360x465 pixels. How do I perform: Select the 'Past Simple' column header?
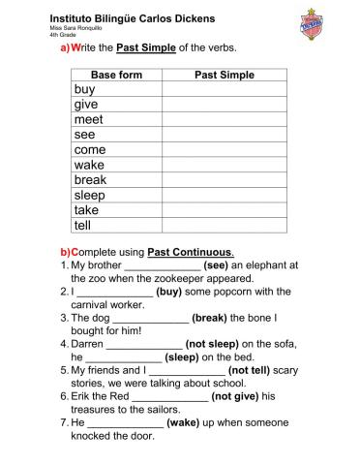225,75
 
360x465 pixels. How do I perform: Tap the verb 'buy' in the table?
84,89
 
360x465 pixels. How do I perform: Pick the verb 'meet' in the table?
88,120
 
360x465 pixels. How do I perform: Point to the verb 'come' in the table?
90,150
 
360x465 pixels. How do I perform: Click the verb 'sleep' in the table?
90,195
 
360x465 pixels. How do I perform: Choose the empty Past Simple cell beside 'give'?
225,105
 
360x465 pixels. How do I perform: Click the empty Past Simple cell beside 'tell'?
225,225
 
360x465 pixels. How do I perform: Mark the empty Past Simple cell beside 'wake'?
225,165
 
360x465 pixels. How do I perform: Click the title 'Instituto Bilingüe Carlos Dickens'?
133,18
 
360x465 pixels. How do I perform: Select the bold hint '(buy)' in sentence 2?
169,291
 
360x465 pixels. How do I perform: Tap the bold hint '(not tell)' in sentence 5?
255,369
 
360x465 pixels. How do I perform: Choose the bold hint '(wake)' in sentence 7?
183,422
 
